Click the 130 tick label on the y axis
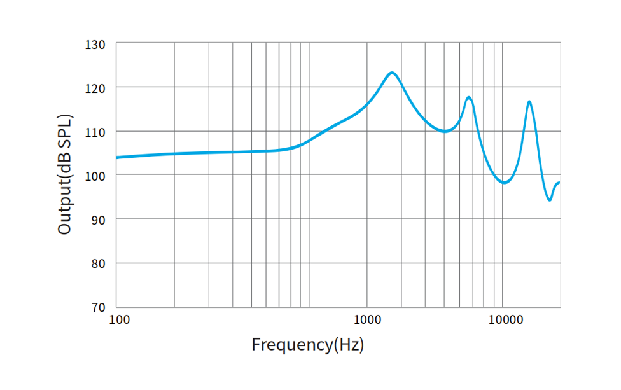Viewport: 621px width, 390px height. [95, 45]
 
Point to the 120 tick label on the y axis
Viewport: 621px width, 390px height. [95, 87]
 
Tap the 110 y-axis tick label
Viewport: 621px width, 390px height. [95, 132]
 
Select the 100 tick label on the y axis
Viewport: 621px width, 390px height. [95, 175]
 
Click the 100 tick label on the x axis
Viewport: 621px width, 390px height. [120, 319]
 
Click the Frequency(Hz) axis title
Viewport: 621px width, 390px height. [307, 345]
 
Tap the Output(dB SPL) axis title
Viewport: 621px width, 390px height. [65, 174]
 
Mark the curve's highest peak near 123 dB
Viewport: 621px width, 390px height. [392, 73]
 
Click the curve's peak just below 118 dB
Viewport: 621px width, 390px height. [469, 97]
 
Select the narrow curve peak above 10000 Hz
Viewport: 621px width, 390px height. [529, 102]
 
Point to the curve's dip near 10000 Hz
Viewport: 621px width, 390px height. [504, 183]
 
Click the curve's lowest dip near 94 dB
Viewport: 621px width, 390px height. [550, 200]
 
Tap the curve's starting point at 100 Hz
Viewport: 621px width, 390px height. [117, 157]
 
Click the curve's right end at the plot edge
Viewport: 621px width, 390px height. [559, 183]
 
